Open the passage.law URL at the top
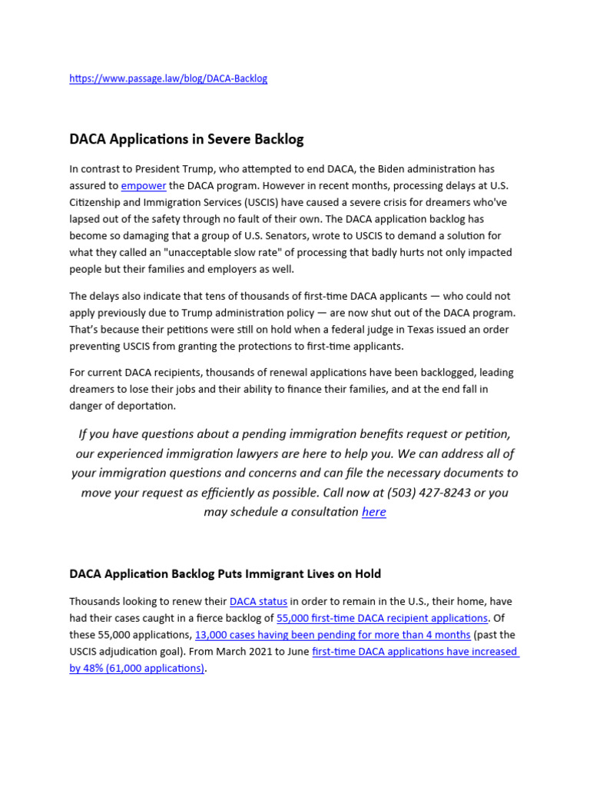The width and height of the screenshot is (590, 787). click(168, 78)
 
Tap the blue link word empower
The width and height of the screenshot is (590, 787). click(144, 185)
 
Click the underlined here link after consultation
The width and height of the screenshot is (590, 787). click(374, 512)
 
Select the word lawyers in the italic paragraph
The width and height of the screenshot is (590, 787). click(287, 453)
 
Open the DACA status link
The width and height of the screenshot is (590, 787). click(259, 601)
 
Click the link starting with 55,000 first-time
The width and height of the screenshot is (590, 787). click(382, 618)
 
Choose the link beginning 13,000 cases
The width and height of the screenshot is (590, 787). click(333, 635)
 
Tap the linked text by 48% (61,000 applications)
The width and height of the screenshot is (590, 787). click(137, 669)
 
